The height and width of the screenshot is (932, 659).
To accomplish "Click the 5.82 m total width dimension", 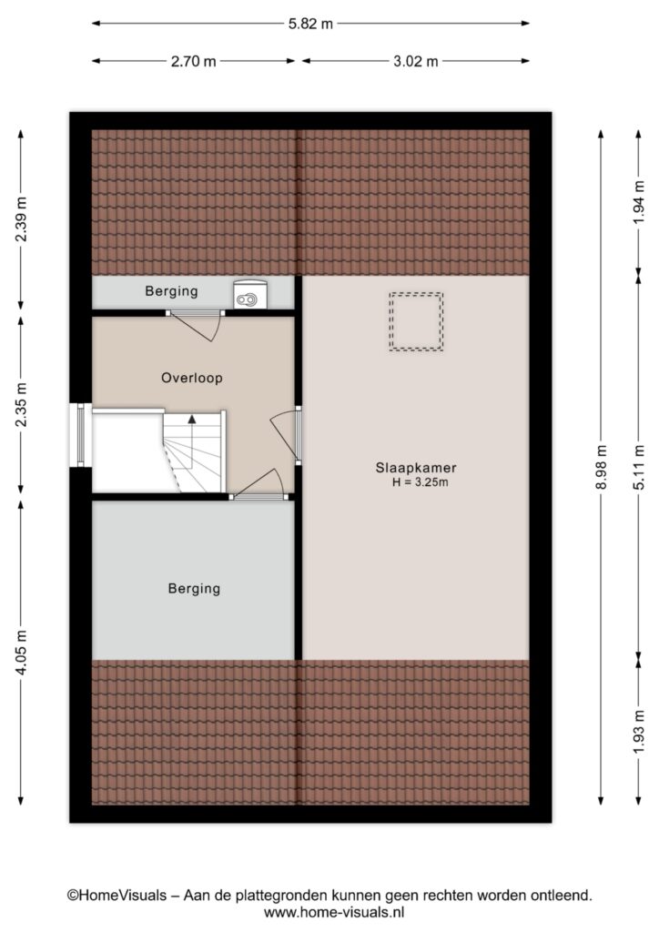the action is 310,24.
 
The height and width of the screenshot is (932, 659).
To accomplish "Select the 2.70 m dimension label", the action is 194,61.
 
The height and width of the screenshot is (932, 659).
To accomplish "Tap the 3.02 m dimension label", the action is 416,61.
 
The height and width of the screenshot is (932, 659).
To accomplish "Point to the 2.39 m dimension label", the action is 21,219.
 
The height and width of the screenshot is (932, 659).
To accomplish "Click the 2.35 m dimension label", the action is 21,404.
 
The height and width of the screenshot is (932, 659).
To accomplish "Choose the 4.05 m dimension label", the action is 21,652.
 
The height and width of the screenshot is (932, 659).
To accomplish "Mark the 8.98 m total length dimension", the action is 601,467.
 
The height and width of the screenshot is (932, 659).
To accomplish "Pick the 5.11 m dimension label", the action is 639,467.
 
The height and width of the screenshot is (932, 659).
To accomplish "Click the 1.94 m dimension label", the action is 639,202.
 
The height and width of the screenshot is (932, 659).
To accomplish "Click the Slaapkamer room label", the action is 416,468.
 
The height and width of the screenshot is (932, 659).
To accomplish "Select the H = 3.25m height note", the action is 421,482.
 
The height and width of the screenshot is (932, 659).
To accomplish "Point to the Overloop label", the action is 192,378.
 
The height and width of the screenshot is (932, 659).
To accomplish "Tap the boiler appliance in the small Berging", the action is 250,295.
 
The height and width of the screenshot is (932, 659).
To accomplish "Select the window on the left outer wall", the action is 81,435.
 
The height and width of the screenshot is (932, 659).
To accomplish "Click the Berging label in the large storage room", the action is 194,589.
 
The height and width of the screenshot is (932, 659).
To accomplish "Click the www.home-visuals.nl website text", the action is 334,912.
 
